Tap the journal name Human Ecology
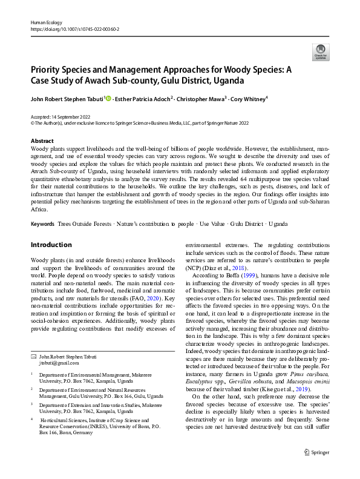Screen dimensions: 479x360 click(x=47, y=21)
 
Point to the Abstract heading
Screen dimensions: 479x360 click(x=42, y=140)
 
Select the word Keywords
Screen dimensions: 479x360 click(x=42, y=224)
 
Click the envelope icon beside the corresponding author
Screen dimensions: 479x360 click(x=33, y=356)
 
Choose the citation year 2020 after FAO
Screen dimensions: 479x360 click(x=156, y=298)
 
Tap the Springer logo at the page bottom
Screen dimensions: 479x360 click(x=315, y=467)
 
